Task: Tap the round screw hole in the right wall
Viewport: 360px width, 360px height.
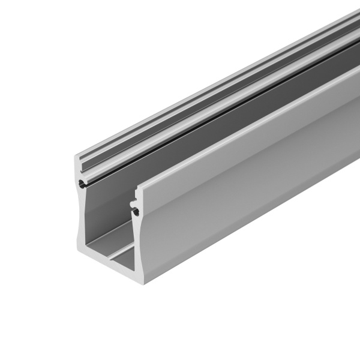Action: [x=134, y=210]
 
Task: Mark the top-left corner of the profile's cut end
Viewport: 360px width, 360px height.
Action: [x=74, y=157]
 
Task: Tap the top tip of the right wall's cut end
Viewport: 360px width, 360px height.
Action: [x=137, y=188]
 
